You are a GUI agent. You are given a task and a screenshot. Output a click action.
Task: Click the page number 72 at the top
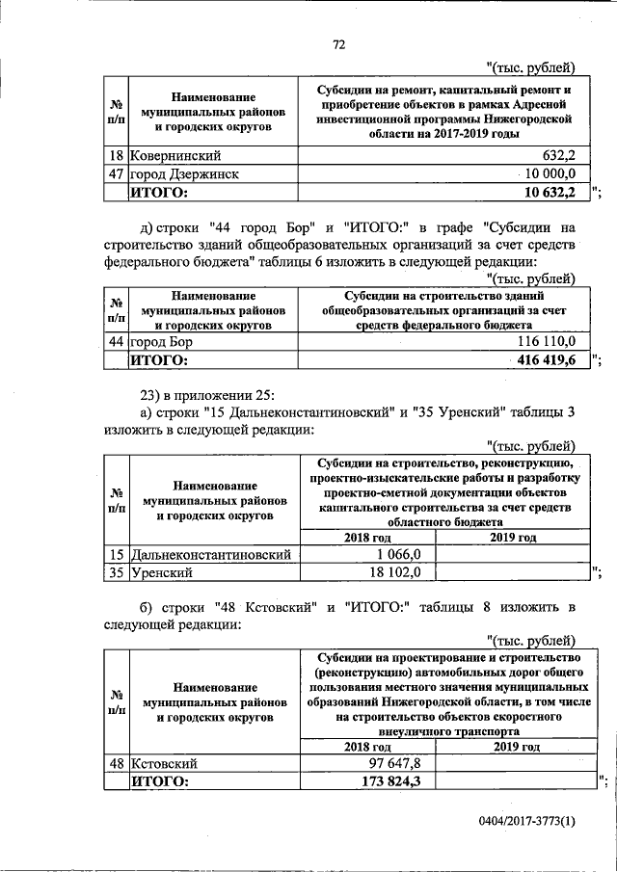(338, 44)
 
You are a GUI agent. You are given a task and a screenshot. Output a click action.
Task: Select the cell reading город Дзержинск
(184, 173)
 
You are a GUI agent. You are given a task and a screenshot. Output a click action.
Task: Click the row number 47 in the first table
(116, 173)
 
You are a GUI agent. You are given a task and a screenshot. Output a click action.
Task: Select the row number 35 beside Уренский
(116, 572)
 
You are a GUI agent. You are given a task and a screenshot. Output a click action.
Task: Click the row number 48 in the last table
(116, 763)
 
